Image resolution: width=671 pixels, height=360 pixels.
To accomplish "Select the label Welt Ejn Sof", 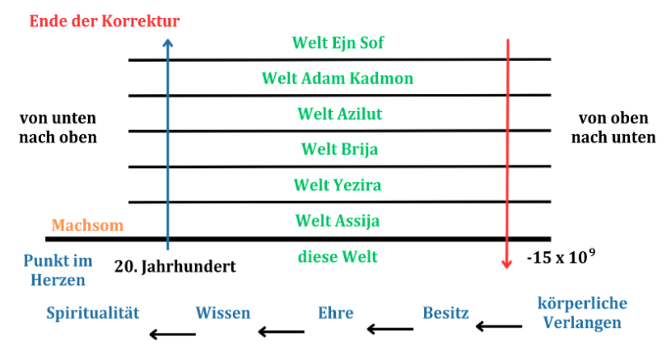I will point(338,42).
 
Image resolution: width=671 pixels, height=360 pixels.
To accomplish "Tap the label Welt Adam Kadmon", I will point(338,78).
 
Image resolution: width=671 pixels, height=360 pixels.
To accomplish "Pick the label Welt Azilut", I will point(338,114).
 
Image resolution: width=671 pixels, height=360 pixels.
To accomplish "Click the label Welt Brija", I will point(338,149).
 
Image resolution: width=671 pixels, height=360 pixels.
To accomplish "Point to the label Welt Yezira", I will point(338,185).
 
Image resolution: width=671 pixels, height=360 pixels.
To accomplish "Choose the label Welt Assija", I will point(338,221).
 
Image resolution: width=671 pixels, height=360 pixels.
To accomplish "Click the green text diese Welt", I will point(338,257).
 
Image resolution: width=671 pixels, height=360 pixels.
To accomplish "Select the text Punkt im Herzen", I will point(57,269).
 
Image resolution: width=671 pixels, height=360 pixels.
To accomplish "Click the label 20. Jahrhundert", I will point(175,267).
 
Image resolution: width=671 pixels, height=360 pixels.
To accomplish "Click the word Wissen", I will point(223,313).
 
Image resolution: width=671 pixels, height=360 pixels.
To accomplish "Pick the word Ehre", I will point(335,313).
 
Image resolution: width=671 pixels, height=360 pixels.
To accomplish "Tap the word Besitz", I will point(445,313).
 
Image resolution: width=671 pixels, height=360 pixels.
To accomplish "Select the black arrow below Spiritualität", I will point(173,334).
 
